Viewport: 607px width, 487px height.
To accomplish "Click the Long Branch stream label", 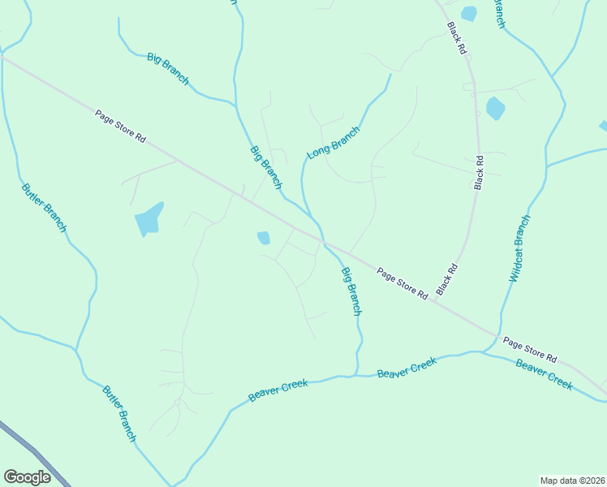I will pyautogui.click(x=333, y=142).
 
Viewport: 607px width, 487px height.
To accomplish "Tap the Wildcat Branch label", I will pyautogui.click(x=519, y=248).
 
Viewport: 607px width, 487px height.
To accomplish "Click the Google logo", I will pyautogui.click(x=27, y=477).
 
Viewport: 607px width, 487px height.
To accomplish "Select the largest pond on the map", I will pyautogui.click(x=149, y=218).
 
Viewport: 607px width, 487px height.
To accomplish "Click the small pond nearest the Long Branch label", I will pyautogui.click(x=263, y=238).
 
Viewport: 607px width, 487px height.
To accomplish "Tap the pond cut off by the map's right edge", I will pyautogui.click(x=603, y=125).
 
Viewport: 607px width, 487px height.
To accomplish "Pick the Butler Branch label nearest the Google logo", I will pyautogui.click(x=119, y=413).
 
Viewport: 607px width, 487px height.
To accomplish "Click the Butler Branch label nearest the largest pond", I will pyautogui.click(x=43, y=208).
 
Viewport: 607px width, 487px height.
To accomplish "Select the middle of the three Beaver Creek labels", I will pyautogui.click(x=407, y=367).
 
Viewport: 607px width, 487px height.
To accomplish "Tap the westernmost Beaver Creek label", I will pyautogui.click(x=278, y=390).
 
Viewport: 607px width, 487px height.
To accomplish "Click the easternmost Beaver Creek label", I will pyautogui.click(x=544, y=373).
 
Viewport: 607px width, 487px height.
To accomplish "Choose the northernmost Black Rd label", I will pyautogui.click(x=457, y=38).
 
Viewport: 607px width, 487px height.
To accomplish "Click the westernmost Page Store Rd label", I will pyautogui.click(x=119, y=127).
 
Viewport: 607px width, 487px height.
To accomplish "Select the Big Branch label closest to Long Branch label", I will pyautogui.click(x=265, y=167).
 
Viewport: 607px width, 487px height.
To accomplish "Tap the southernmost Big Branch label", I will pyautogui.click(x=351, y=290).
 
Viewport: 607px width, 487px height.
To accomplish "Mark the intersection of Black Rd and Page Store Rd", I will pyautogui.click(x=433, y=300).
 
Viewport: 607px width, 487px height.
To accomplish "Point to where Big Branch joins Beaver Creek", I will pyautogui.click(x=354, y=375).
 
